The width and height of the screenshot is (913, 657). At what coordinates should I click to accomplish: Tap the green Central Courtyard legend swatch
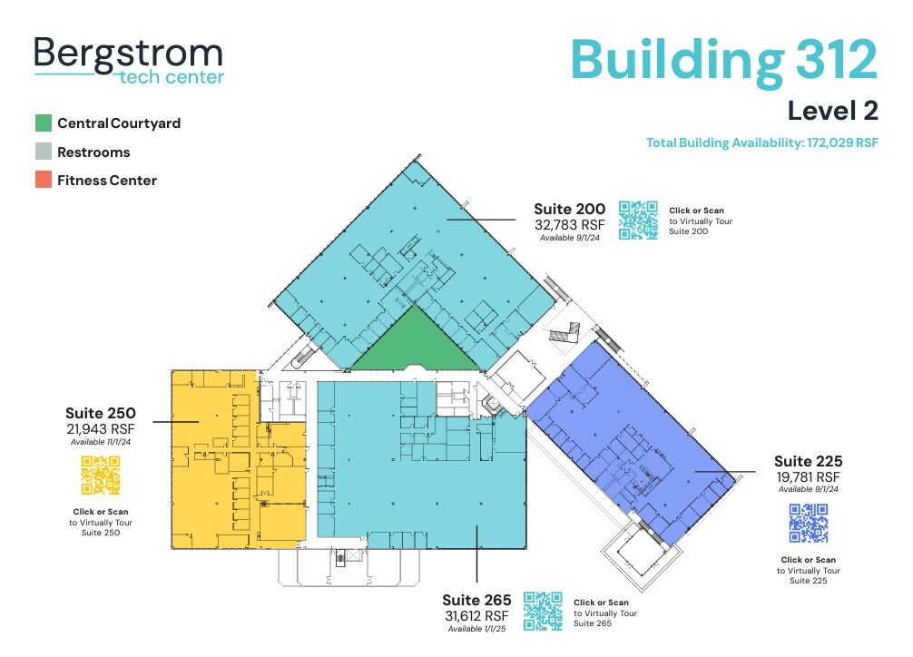(44, 123)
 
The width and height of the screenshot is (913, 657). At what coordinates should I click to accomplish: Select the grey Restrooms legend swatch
(44, 152)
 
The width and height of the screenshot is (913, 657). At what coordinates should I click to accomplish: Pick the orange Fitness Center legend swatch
(44, 181)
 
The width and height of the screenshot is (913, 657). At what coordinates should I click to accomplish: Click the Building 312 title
(724, 59)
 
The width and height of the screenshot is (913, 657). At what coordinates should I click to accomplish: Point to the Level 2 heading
(832, 111)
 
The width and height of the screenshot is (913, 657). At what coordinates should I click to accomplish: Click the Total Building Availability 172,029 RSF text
(762, 142)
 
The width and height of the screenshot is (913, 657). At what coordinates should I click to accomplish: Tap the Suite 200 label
(569, 210)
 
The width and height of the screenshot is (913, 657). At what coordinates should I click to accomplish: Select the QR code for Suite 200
(639, 220)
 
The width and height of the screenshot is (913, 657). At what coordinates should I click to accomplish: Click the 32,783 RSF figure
(569, 225)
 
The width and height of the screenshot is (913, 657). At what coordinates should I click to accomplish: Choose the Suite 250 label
(100, 414)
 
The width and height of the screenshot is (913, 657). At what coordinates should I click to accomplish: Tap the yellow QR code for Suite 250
(101, 476)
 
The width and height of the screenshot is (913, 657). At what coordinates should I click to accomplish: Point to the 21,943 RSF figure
(100, 428)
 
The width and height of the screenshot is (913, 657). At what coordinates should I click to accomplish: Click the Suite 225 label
(808, 461)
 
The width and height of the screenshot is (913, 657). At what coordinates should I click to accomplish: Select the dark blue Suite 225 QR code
(808, 523)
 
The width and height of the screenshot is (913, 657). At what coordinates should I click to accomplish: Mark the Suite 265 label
(476, 601)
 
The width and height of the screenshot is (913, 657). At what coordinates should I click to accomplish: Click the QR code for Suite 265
(544, 611)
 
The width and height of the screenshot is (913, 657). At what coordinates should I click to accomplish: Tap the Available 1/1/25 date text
(476, 629)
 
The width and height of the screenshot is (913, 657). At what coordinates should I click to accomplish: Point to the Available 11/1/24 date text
(100, 442)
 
